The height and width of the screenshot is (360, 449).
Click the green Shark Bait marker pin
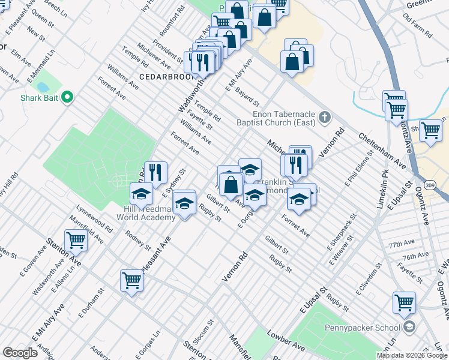[x=67, y=97]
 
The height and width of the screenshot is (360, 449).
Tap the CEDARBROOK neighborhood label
[x=161, y=77]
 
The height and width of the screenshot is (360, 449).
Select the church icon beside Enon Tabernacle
[x=325, y=117]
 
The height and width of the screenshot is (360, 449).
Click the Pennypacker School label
[x=368, y=328]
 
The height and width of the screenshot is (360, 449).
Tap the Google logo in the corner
[x=20, y=352]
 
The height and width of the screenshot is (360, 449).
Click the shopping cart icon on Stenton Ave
[x=76, y=240]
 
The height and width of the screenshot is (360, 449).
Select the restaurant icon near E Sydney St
[x=155, y=172]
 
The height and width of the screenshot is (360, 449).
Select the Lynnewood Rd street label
[x=94, y=220]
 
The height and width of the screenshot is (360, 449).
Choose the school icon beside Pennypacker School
[x=409, y=327]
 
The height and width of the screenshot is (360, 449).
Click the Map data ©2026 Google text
[x=412, y=355]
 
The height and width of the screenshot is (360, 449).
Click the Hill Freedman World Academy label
[x=149, y=213]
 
